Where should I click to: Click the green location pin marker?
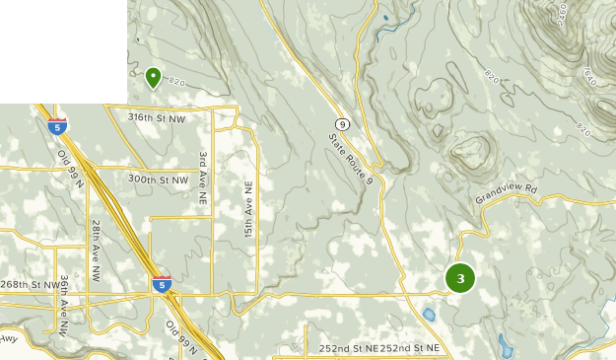click(153, 76)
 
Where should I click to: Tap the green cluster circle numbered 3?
click(460, 278)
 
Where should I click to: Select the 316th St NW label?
click(157, 116)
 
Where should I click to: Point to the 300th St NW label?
click(158, 180)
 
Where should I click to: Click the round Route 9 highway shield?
click(341, 123)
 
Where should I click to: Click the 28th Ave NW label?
click(96, 251)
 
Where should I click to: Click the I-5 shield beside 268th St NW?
click(162, 285)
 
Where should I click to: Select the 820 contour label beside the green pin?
click(175, 81)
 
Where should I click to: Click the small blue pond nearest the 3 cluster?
click(430, 316)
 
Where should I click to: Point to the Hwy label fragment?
click(9, 340)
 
